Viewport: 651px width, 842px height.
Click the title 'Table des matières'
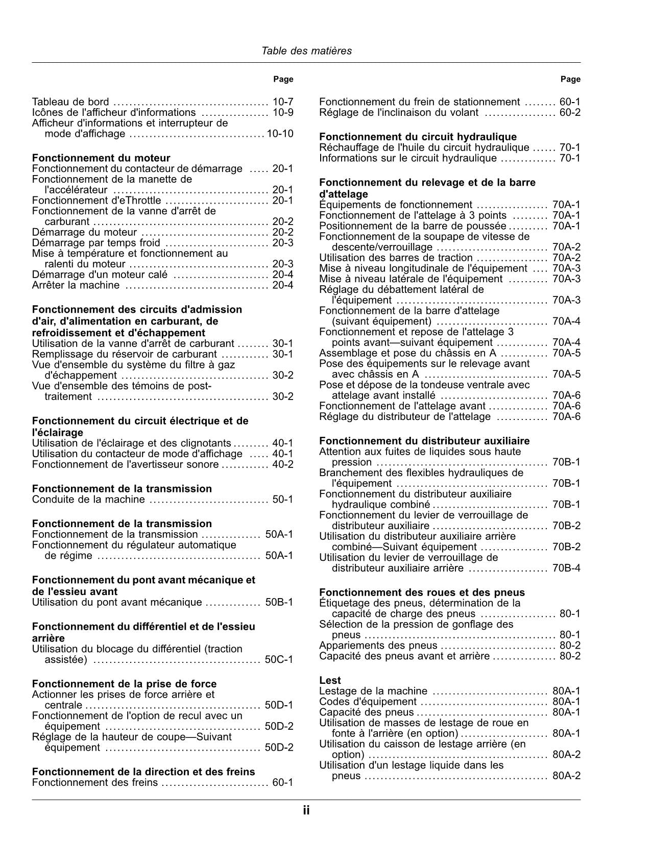coord(306,51)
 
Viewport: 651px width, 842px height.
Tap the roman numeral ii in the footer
coord(306,810)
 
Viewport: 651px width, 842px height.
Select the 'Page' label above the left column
coord(283,79)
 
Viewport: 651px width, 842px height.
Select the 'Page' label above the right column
coord(570,79)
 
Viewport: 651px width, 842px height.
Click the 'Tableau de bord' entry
coord(70,102)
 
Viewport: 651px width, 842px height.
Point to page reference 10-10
coord(280,134)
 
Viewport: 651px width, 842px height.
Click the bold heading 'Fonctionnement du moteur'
coord(101,158)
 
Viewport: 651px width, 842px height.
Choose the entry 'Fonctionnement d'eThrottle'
coord(97,201)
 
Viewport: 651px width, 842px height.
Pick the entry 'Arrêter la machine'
coord(76,285)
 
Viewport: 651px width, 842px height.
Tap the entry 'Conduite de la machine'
coord(88,499)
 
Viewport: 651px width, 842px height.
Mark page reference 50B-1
coord(279,602)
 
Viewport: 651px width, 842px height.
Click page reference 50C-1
coord(279,660)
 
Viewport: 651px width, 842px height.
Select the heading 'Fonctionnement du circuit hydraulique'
coord(418,137)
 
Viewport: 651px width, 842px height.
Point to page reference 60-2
coord(570,113)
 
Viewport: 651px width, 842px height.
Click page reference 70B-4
coord(566,568)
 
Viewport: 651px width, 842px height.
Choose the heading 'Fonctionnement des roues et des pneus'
coord(422,592)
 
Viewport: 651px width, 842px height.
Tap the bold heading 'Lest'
coord(330,680)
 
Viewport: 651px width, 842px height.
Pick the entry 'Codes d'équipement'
coord(368,702)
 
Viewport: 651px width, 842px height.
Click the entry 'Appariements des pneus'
coord(378,646)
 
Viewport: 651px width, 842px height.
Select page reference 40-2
coord(283,464)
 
